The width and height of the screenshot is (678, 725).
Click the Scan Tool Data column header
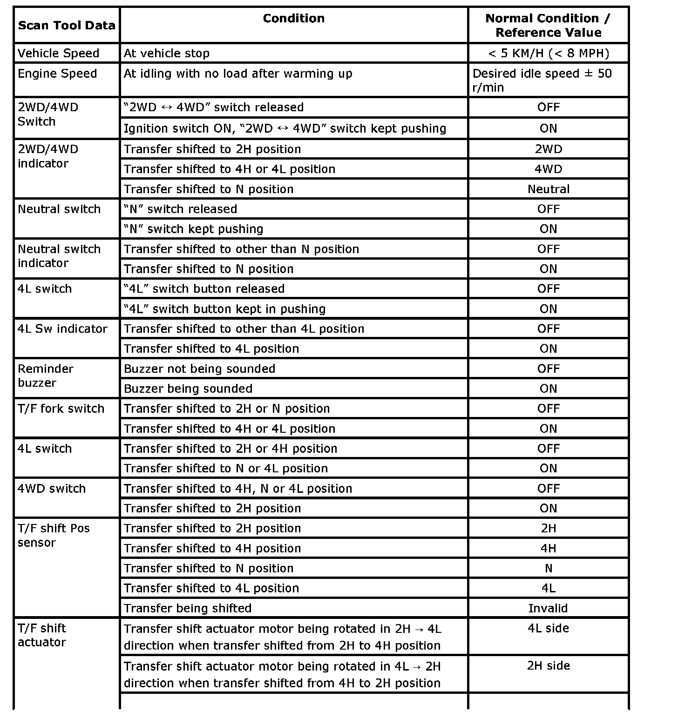[67, 26]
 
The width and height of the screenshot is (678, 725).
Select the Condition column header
[293, 19]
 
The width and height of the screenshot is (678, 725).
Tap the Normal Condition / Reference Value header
[548, 26]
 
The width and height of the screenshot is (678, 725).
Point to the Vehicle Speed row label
[58, 54]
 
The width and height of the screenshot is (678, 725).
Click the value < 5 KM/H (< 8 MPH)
[548, 54]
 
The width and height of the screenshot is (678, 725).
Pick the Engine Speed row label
[57, 74]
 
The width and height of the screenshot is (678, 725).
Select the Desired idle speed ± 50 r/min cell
[542, 81]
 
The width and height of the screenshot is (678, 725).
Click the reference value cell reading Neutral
[548, 189]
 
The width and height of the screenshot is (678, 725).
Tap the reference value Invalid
[548, 608]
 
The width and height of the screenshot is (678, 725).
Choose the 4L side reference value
[548, 628]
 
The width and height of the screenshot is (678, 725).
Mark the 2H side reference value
[548, 666]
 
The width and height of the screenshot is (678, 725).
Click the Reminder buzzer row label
[46, 376]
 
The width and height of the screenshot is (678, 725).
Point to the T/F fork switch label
[61, 409]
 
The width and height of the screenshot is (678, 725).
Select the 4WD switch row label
[52, 489]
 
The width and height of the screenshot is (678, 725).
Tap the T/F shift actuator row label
[42, 635]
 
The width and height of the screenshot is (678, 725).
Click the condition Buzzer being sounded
[188, 389]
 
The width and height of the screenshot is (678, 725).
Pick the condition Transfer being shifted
[188, 608]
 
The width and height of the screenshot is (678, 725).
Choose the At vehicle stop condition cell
[167, 54]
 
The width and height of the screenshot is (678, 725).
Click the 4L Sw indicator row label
[62, 329]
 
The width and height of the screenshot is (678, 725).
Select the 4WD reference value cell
[548, 169]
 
